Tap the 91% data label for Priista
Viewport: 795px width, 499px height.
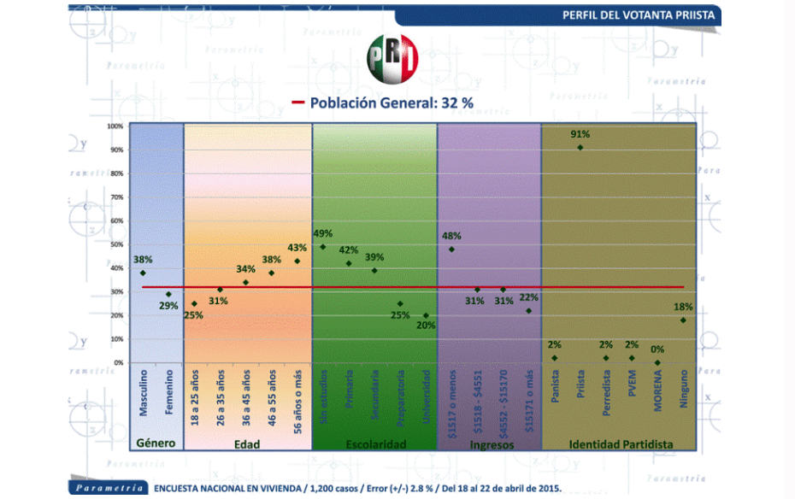point(580,134)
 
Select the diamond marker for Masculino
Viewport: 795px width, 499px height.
point(143,273)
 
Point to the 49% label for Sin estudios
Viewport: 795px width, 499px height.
point(322,233)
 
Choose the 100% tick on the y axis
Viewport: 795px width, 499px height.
point(115,126)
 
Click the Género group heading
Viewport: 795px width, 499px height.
point(156,444)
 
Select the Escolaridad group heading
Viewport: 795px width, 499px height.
point(375,444)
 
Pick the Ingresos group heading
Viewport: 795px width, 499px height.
point(490,444)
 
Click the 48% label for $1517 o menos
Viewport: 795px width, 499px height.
point(451,236)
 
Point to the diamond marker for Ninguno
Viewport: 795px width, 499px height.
point(683,320)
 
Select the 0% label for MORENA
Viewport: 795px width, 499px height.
point(657,349)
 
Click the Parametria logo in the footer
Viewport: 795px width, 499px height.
point(108,489)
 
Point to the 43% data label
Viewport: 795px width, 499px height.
point(297,249)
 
